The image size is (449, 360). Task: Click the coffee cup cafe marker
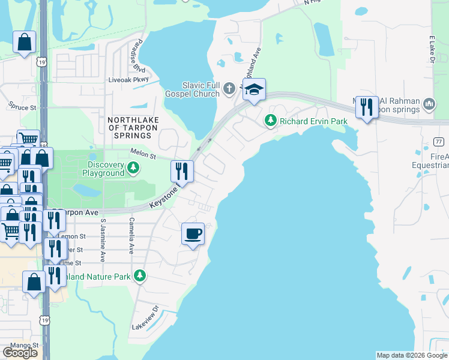click(x=193, y=233)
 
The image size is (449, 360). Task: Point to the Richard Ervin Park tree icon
click(x=271, y=121)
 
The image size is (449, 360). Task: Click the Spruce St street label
click(x=22, y=107)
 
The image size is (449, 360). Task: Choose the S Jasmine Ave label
click(x=103, y=240)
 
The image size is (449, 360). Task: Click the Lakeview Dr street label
click(x=145, y=319)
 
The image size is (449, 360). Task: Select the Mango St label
click(x=24, y=346)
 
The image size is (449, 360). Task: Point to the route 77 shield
click(x=439, y=141)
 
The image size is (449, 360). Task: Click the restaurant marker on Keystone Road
click(x=182, y=172)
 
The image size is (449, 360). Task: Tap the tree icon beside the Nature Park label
click(x=140, y=275)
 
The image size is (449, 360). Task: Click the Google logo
click(x=20, y=353)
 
